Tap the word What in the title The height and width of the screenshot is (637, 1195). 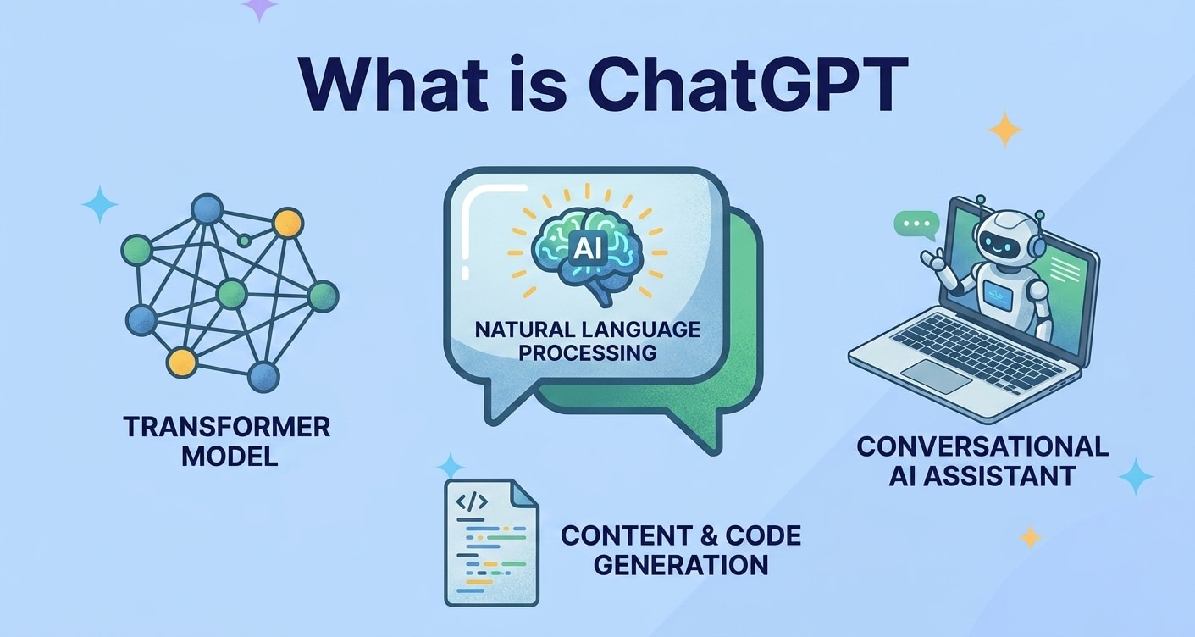385,86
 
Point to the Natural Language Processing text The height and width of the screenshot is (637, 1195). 587,341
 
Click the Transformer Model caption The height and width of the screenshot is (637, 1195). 226,441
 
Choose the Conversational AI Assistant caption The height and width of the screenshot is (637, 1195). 982,461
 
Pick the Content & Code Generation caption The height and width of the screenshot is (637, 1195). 680,550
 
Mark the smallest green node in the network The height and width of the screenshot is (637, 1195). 244,241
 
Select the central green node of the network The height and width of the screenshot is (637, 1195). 231,294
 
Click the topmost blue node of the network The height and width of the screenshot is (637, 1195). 207,208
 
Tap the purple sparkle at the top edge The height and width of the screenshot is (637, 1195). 259,8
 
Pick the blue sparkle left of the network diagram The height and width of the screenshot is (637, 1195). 100,204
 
